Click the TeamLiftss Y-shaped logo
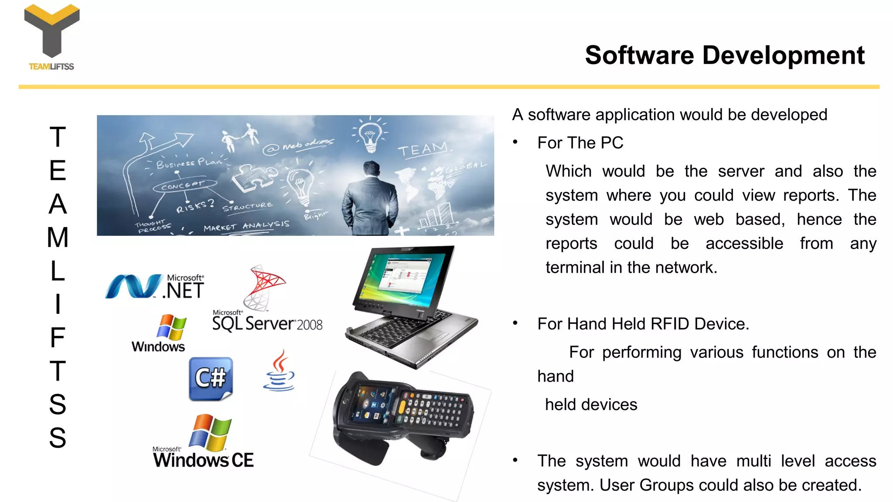pos(52,31)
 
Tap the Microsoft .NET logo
pos(155,287)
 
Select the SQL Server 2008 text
pos(267,324)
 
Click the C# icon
pos(211,378)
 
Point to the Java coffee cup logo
pos(279,372)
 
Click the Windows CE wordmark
pos(203,460)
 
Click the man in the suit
pos(370,200)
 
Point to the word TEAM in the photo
pos(423,150)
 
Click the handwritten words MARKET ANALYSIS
pos(246,226)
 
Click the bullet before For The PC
pos(515,142)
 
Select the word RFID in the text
pos(670,324)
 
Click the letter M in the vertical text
pos(58,237)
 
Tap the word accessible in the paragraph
pos(744,244)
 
